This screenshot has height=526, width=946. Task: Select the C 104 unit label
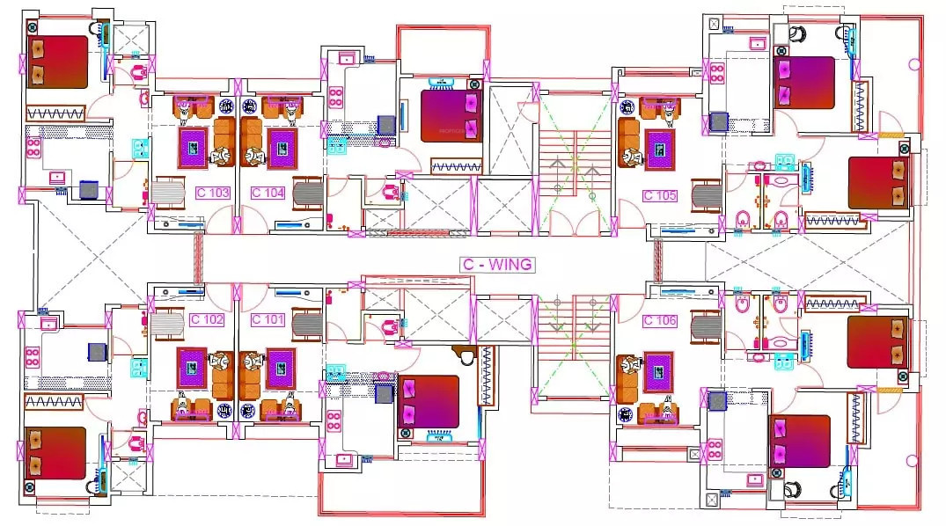[268, 193]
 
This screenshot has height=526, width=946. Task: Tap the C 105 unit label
[660, 195]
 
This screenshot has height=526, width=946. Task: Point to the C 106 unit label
[660, 321]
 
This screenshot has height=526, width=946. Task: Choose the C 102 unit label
[207, 319]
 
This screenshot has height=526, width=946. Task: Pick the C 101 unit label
[268, 319]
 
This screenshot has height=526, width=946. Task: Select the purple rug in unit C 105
[659, 148]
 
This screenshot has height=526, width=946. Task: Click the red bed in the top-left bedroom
[57, 62]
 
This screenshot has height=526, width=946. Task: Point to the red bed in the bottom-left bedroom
[55, 452]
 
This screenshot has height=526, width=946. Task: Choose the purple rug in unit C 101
[281, 366]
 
